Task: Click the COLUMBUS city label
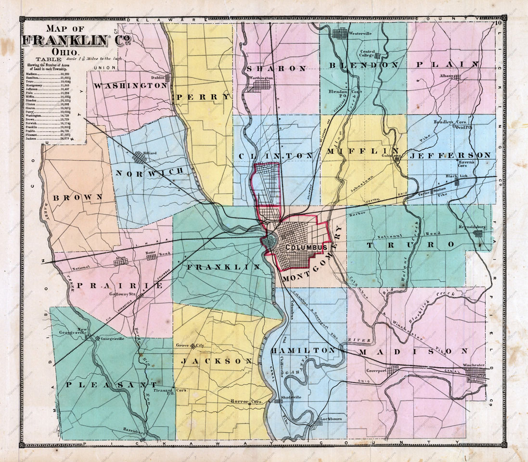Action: (x=299, y=247)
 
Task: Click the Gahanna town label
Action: (x=391, y=155)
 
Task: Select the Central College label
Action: (x=368, y=52)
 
